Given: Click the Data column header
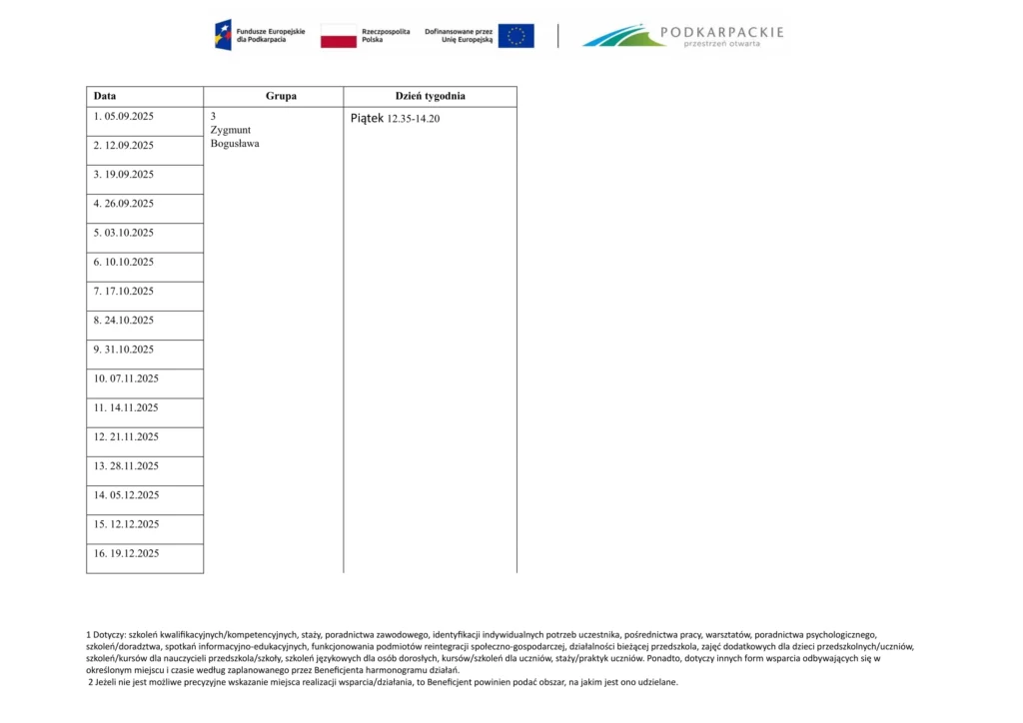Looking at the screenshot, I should click(x=105, y=96).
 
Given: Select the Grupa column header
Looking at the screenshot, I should click(x=281, y=96).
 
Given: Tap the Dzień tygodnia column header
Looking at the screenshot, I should click(x=430, y=96).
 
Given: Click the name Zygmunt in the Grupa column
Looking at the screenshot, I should click(x=231, y=130).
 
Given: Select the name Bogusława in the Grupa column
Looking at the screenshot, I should click(x=235, y=144).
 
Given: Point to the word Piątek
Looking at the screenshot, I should click(x=367, y=118).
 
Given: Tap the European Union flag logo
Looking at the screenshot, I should click(x=515, y=36).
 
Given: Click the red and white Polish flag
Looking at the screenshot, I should click(x=339, y=36).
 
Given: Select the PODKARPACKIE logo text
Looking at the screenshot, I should click(x=723, y=32).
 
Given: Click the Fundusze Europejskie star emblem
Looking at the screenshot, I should click(x=223, y=36).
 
